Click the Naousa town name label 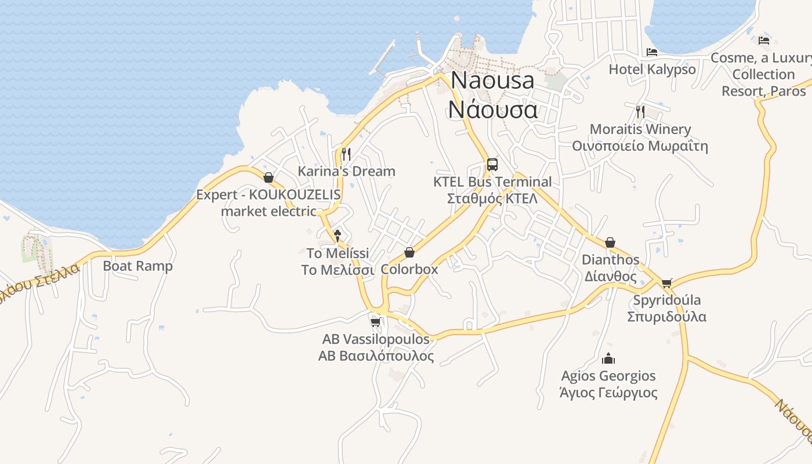click(x=492, y=95)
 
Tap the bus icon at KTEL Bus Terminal click(x=492, y=164)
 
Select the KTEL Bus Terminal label click(x=492, y=190)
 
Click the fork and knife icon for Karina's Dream click(x=346, y=154)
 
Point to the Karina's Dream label click(x=346, y=171)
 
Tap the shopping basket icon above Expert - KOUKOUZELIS click(x=269, y=177)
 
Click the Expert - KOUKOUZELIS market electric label click(x=269, y=202)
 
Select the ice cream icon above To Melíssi click(x=338, y=235)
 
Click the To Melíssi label click(x=338, y=262)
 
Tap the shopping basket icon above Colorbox click(x=409, y=252)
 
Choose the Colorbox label click(x=409, y=269)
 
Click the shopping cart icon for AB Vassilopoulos click(x=375, y=322)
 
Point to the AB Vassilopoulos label click(x=376, y=347)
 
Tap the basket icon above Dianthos click(x=610, y=242)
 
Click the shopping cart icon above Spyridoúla click(x=666, y=283)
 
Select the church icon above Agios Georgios click(x=608, y=358)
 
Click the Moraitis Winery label click(x=640, y=137)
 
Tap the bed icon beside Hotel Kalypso click(x=652, y=52)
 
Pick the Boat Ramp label click(x=138, y=266)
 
